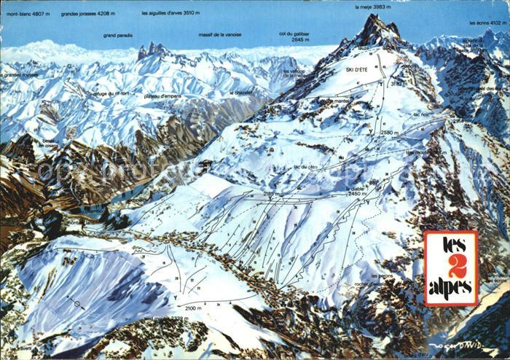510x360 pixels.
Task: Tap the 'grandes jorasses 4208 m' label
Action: click(x=88, y=13)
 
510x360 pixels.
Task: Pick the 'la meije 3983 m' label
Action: click(x=375, y=7)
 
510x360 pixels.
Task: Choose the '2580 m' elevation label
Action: click(x=389, y=133)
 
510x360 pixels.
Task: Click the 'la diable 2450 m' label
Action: click(x=355, y=191)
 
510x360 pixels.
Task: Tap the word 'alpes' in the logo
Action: click(x=451, y=286)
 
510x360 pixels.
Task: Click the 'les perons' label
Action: click(x=382, y=275)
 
